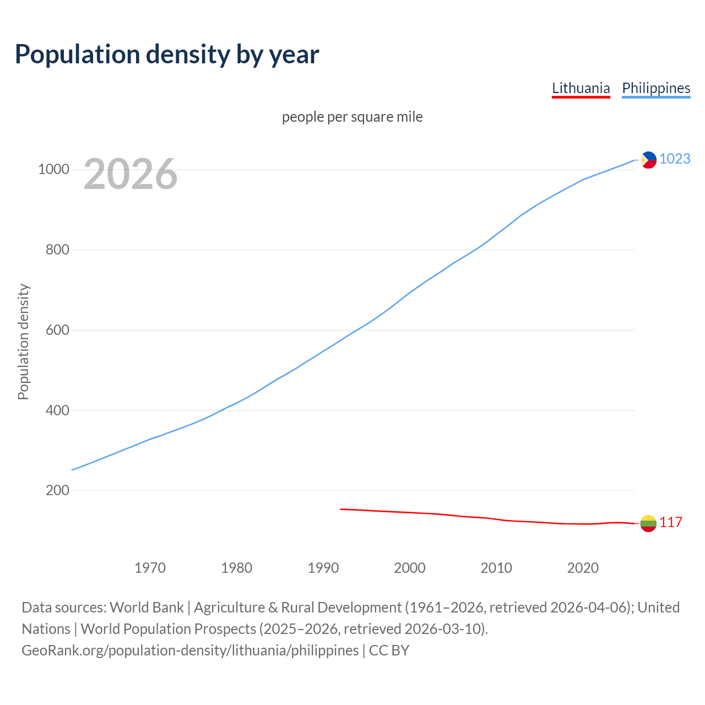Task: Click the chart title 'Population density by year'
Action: (167, 55)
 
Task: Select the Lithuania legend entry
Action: (581, 88)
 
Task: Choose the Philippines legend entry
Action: (655, 88)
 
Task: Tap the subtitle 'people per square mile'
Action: (352, 117)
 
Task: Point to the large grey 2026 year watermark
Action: (131, 174)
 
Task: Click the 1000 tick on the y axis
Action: (53, 170)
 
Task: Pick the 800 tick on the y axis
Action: (57, 250)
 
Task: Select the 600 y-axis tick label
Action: (57, 330)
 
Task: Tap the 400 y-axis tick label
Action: (57, 410)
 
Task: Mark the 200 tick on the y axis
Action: (57, 490)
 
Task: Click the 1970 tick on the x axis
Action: (150, 568)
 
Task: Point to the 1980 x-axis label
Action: (236, 568)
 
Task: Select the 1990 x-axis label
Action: (323, 568)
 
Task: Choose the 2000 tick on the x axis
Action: (410, 568)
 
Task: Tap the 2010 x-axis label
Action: (496, 568)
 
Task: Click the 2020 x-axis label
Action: (583, 568)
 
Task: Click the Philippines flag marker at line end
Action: (648, 160)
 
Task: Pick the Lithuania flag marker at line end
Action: (648, 523)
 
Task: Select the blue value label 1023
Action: (675, 159)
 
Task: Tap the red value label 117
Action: (671, 523)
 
